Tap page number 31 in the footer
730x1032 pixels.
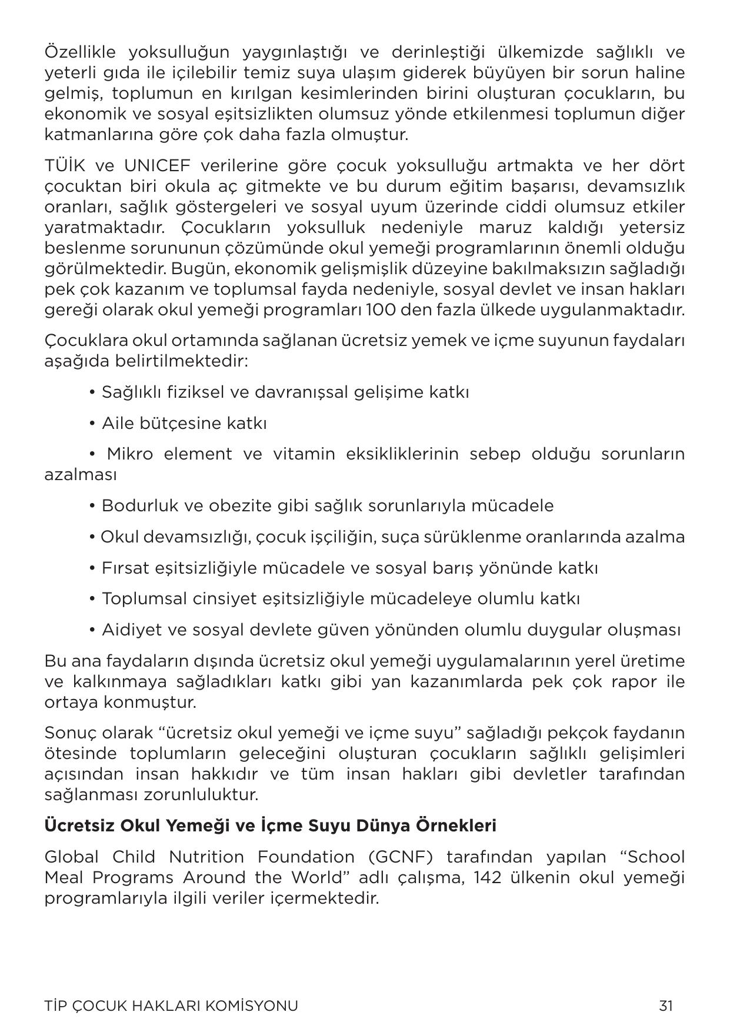pos(665,1006)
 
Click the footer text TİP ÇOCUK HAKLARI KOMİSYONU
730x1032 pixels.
pos(171,1006)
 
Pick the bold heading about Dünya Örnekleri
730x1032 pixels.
pos(270,825)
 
